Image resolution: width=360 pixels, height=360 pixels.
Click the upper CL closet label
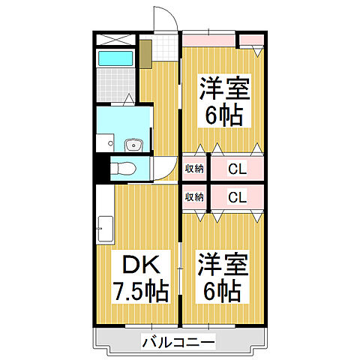pyautogui.click(x=238, y=169)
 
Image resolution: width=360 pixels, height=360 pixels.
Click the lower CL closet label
pyautogui.click(x=238, y=198)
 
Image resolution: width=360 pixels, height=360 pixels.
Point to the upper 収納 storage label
pyautogui.click(x=195, y=169)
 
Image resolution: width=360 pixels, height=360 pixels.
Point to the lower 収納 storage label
pyautogui.click(x=195, y=197)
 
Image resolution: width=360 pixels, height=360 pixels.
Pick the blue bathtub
pyautogui.click(x=115, y=58)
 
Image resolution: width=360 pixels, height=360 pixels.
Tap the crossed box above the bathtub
pyautogui.click(x=115, y=39)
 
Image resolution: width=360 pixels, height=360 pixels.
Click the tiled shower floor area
pyautogui.click(x=114, y=86)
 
